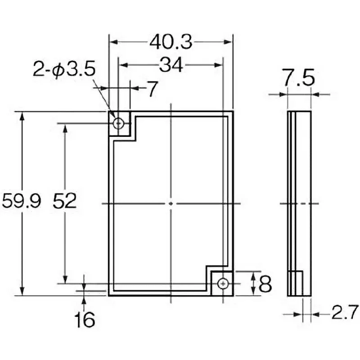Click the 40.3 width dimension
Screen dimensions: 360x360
pyautogui.click(x=171, y=42)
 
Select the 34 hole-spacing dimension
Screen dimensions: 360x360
pyautogui.click(x=171, y=66)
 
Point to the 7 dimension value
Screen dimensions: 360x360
pyautogui.click(x=153, y=90)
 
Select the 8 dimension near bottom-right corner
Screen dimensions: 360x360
pyautogui.click(x=266, y=284)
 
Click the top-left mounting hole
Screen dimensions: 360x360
pyautogui.click(x=118, y=123)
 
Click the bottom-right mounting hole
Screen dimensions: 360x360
pyautogui.click(x=223, y=283)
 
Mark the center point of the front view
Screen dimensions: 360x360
pyautogui.click(x=171, y=203)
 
